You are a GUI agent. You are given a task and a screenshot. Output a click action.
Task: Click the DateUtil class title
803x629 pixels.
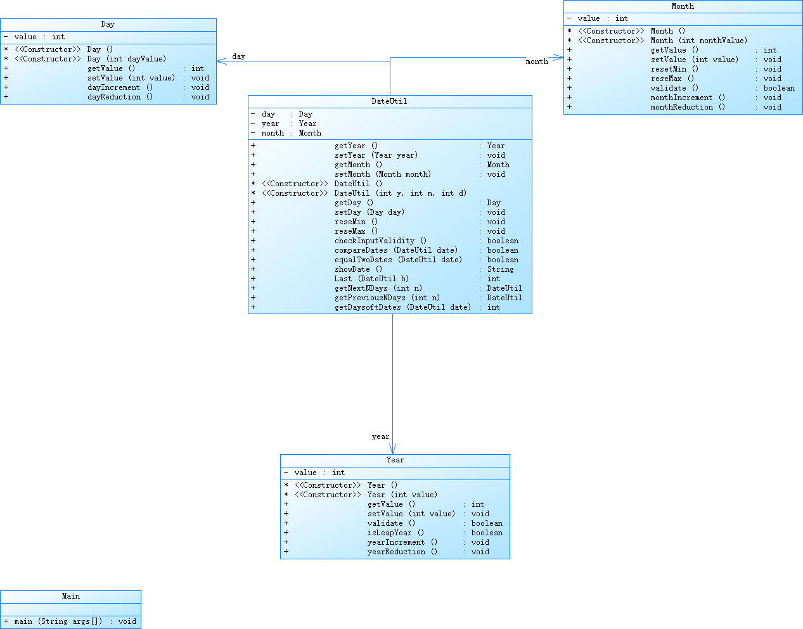389,101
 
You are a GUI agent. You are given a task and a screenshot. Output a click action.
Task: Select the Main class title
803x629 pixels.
70,596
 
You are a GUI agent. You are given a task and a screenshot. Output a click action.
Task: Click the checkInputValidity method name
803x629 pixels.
380,241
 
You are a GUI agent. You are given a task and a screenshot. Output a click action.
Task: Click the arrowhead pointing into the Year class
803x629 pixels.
393,450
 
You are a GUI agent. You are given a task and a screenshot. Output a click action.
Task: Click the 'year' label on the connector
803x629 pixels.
380,436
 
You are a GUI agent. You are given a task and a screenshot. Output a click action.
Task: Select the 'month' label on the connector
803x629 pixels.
537,61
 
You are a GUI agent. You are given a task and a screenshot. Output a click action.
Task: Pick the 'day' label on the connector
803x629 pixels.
238,56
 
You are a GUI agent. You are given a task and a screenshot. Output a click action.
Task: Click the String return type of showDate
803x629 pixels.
500,269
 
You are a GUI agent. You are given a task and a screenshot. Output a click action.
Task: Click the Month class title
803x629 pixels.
683,6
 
